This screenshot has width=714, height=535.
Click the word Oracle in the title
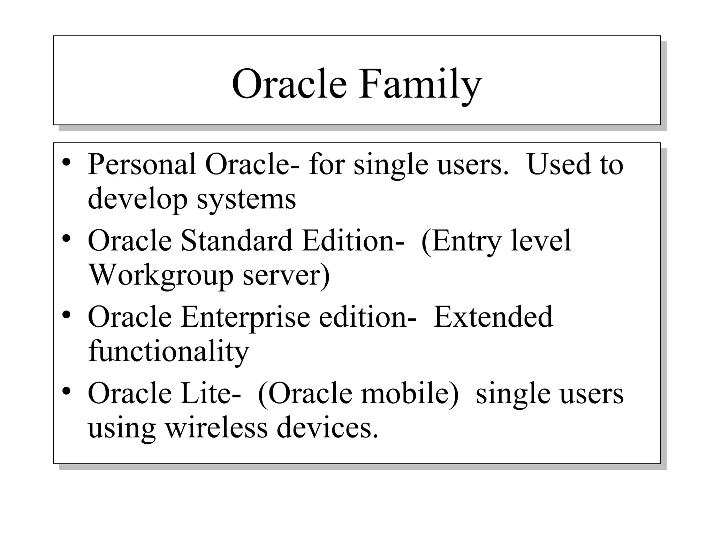(x=289, y=85)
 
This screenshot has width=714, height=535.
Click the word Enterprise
(x=245, y=317)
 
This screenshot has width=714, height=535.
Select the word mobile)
(x=409, y=393)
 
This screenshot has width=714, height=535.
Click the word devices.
(x=327, y=427)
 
